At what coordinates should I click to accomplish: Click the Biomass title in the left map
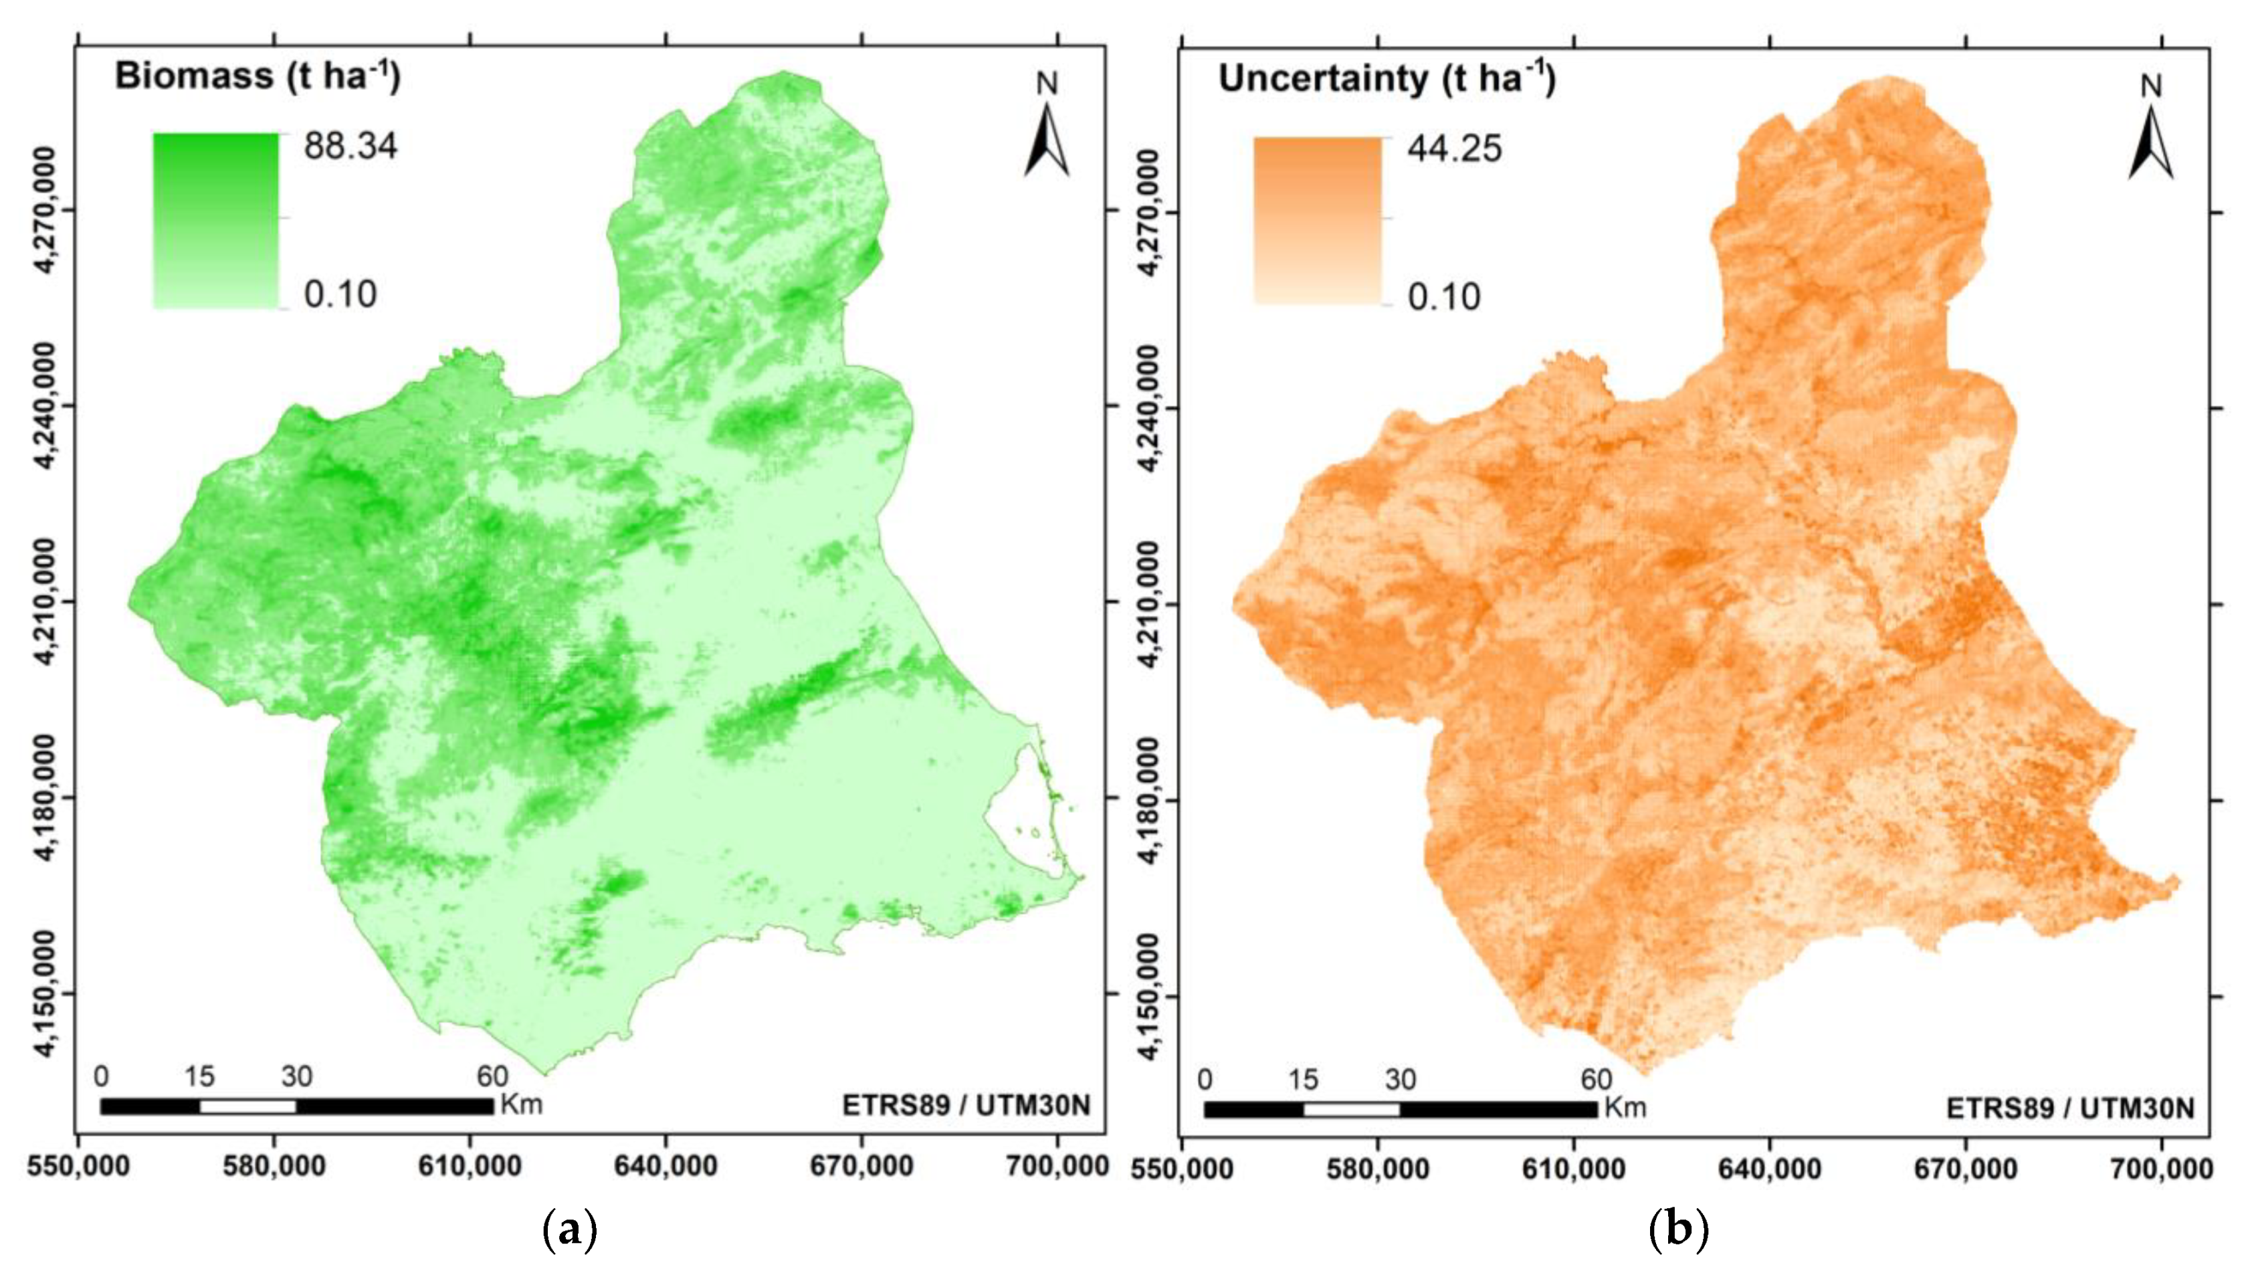258,77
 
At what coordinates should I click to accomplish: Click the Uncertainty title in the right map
1387,80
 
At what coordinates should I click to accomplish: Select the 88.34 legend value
350,146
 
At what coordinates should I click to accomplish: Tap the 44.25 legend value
1454,149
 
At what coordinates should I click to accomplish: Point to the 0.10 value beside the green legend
340,295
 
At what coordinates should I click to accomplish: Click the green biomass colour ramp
215,220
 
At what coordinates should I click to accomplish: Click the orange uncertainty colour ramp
1318,221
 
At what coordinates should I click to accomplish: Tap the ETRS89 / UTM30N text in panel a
966,1105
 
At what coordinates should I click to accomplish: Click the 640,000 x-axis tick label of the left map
666,1166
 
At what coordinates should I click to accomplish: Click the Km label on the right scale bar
1625,1108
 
